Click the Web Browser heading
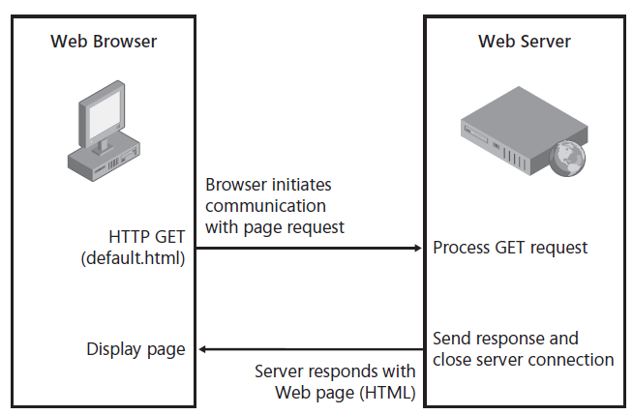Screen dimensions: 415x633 coord(104,42)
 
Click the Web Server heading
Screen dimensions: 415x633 coord(525,42)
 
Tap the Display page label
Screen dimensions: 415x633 coord(136,349)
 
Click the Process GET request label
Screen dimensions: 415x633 coord(510,248)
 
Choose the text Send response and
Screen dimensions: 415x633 coord(505,339)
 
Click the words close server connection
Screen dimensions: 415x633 coord(523,360)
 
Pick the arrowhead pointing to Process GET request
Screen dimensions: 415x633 coord(419,249)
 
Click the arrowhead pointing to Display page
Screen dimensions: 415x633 coord(203,349)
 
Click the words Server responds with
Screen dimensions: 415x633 coord(335,371)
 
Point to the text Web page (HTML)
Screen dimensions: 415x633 coord(346,392)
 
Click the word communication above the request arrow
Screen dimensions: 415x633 coord(265,206)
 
